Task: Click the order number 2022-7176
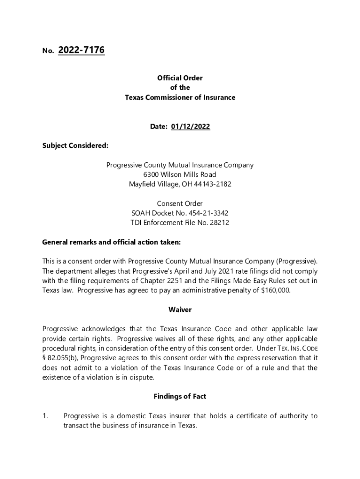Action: pyautogui.click(x=81, y=50)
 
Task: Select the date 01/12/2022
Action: pyautogui.click(x=190, y=127)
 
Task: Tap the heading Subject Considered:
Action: pyautogui.click(x=75, y=145)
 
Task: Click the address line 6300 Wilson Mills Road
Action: pyautogui.click(x=180, y=174)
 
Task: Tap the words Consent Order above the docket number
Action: pyautogui.click(x=180, y=203)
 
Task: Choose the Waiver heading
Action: pyautogui.click(x=180, y=310)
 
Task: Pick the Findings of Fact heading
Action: pyautogui.click(x=180, y=397)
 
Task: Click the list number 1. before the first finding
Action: pyautogui.click(x=45, y=416)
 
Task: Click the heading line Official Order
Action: pyautogui.click(x=180, y=78)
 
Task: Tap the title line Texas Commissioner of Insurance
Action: pyautogui.click(x=180, y=97)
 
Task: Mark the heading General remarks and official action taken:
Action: pyautogui.click(x=111, y=242)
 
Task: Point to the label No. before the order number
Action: pyautogui.click(x=47, y=51)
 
